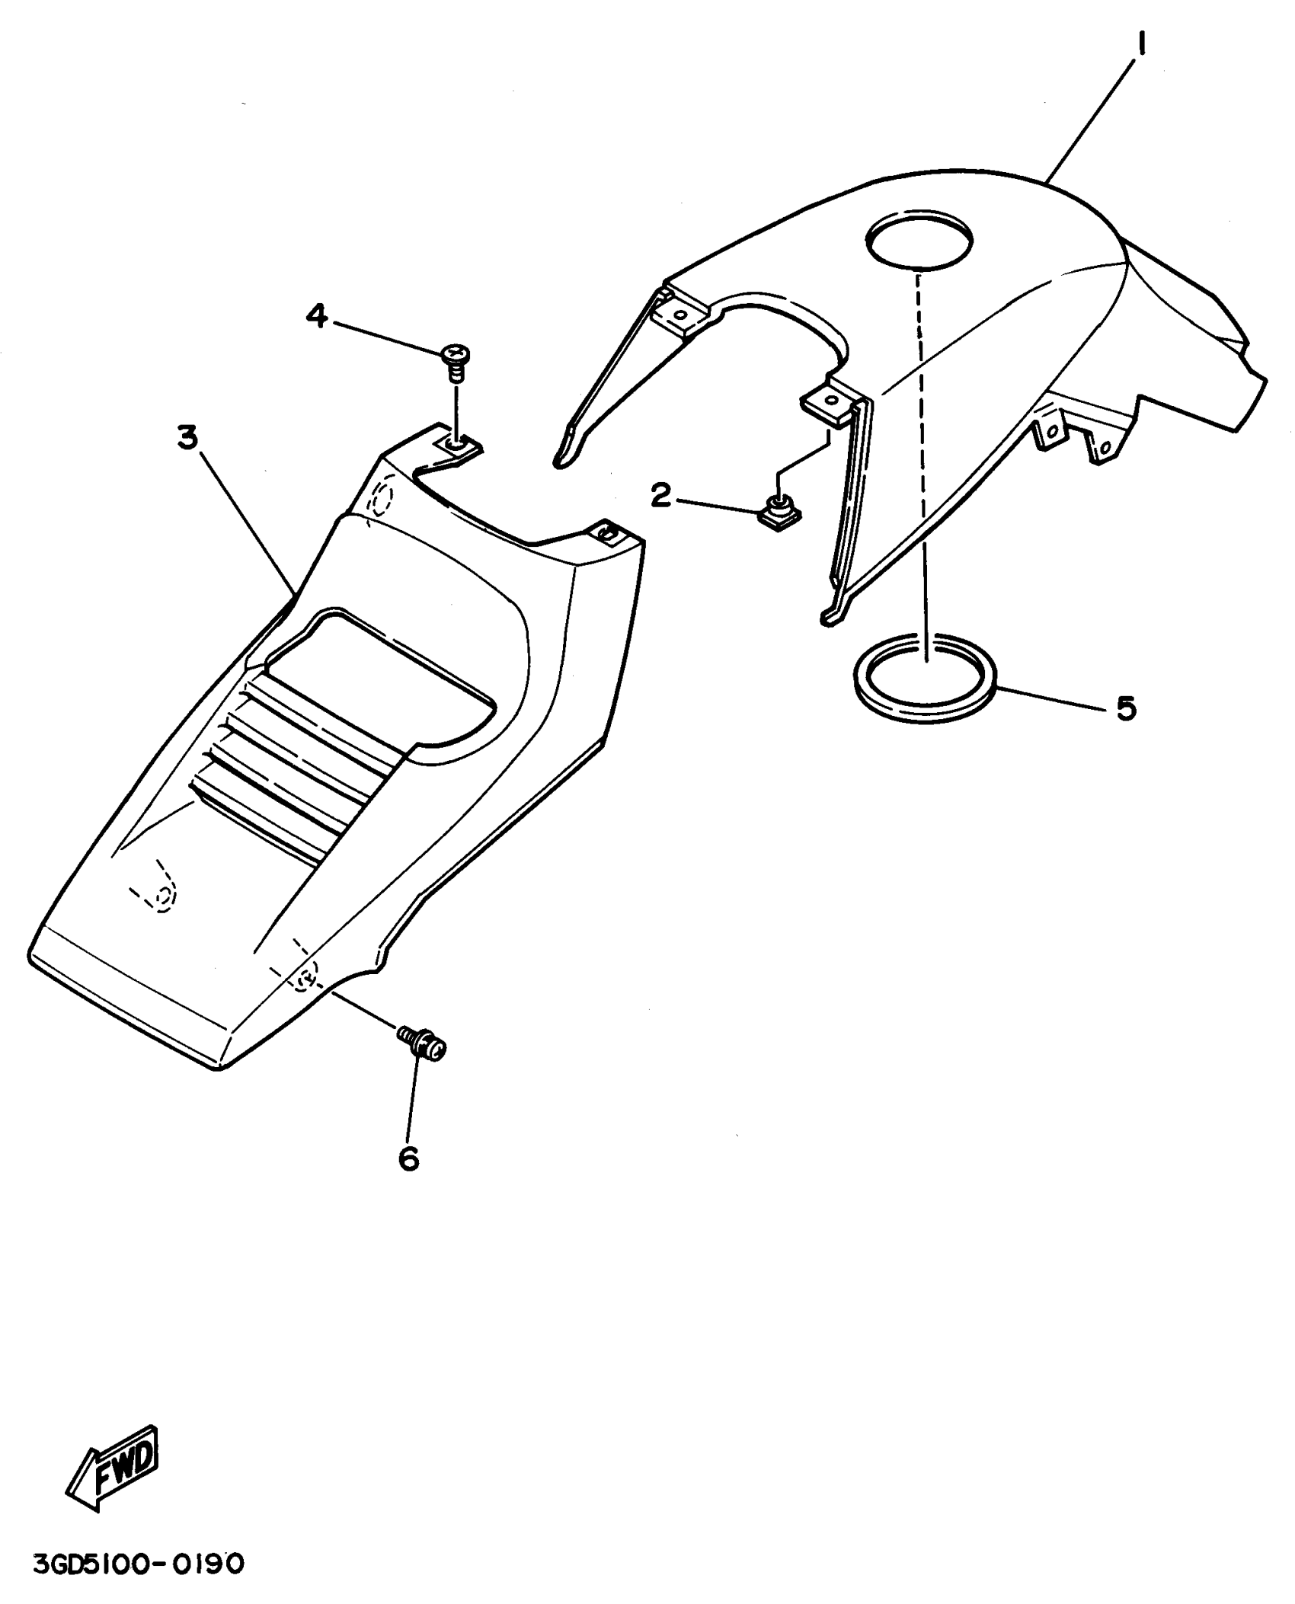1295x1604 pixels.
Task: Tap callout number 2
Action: click(660, 497)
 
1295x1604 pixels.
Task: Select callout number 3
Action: click(187, 439)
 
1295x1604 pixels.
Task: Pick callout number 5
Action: click(1126, 708)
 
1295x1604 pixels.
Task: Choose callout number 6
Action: click(408, 1158)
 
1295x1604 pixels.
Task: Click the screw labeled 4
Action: click(455, 361)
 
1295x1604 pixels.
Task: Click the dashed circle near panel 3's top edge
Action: click(381, 499)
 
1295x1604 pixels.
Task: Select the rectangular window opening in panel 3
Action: click(381, 670)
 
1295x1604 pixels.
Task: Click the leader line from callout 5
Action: click(1051, 699)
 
